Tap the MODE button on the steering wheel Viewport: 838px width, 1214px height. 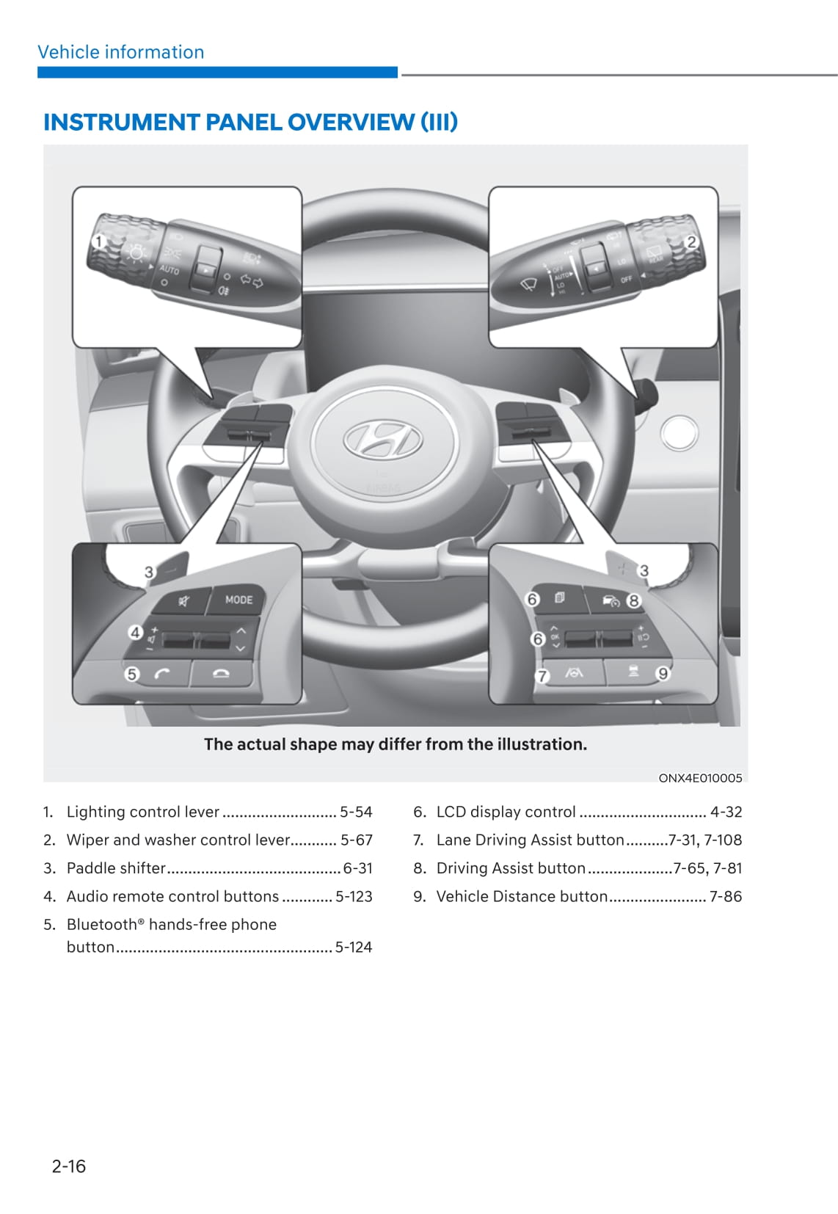pyautogui.click(x=238, y=600)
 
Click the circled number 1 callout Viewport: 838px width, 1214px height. pyautogui.click(x=98, y=241)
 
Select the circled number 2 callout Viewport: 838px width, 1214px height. pyautogui.click(x=691, y=241)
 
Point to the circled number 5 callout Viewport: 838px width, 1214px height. pyautogui.click(x=132, y=673)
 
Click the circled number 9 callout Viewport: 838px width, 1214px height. pyautogui.click(x=663, y=673)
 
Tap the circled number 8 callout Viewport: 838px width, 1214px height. pyautogui.click(x=633, y=600)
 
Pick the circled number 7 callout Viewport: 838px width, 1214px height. pyautogui.click(x=542, y=675)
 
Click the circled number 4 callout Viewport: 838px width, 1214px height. pyautogui.click(x=135, y=632)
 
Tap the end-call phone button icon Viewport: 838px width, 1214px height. pyautogui.click(x=220, y=674)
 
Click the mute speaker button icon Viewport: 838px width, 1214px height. pyautogui.click(x=184, y=601)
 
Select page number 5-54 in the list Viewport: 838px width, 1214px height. pyautogui.click(x=356, y=812)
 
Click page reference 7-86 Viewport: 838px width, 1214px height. pyautogui.click(x=725, y=896)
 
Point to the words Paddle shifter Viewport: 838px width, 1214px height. pyautogui.click(x=116, y=868)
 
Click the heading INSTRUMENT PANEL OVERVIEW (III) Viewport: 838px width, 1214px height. pyautogui.click(x=250, y=122)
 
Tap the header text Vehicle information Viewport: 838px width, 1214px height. pyautogui.click(x=121, y=52)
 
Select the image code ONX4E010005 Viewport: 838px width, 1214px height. pyautogui.click(x=700, y=778)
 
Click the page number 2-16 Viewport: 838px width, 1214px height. pyautogui.click(x=69, y=1166)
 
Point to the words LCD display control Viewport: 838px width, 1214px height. pyautogui.click(x=506, y=812)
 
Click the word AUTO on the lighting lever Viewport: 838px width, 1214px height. pyautogui.click(x=169, y=270)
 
